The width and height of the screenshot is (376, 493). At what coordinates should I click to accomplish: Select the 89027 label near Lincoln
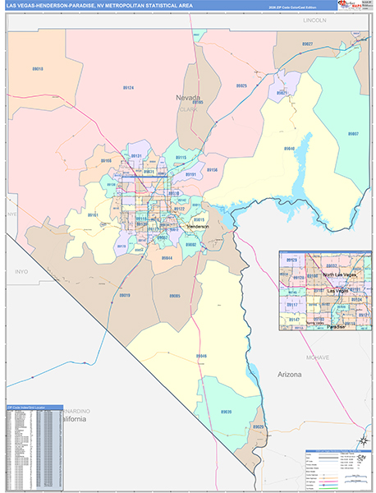click(307, 43)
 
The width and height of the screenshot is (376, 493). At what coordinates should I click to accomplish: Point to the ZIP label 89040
click(289, 149)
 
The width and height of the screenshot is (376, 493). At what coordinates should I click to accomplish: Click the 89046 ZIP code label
click(201, 356)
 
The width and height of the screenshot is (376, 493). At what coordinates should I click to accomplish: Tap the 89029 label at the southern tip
click(258, 428)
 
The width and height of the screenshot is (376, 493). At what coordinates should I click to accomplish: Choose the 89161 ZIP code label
click(93, 214)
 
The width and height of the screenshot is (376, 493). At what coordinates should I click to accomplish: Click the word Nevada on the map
click(188, 98)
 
